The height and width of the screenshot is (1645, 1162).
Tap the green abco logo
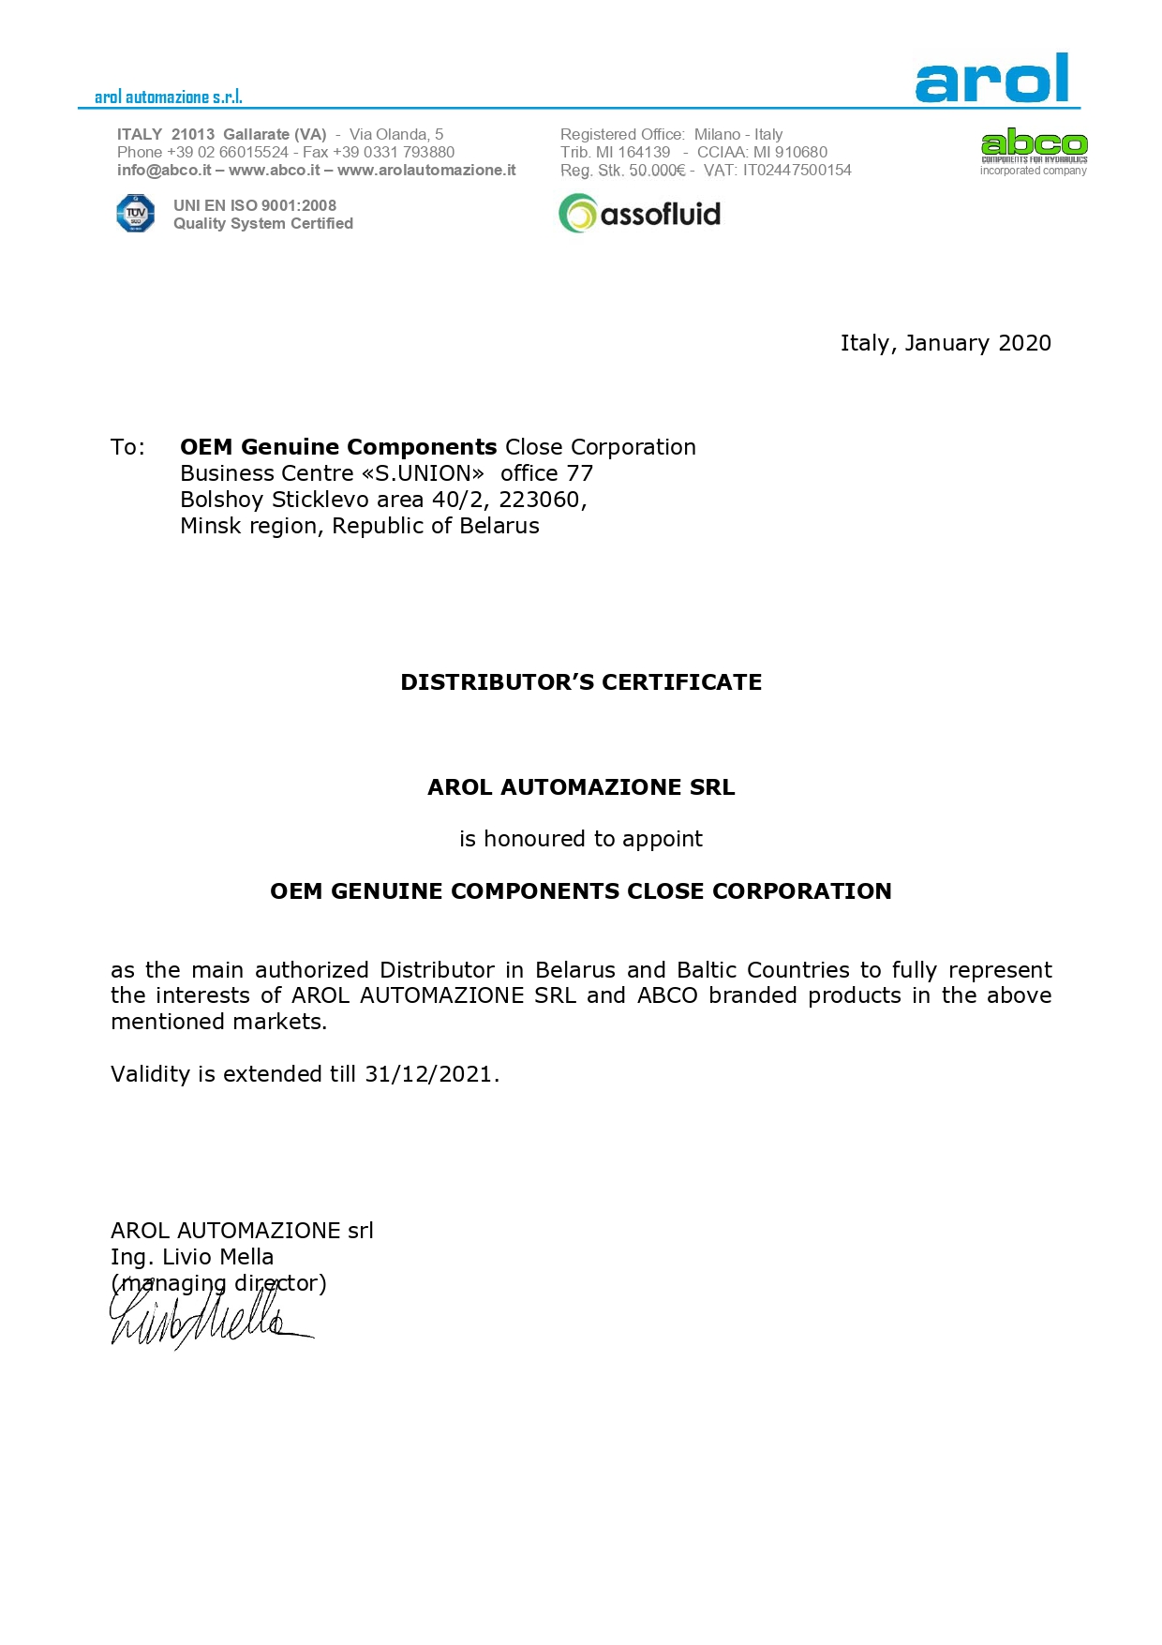(x=1034, y=144)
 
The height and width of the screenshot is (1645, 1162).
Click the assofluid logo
(x=640, y=214)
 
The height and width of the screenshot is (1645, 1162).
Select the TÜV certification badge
(x=135, y=214)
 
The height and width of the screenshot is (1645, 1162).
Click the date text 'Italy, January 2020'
(x=945, y=343)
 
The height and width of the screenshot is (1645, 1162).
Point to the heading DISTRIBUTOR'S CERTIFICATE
(x=581, y=682)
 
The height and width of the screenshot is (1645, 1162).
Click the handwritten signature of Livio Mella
(x=206, y=1317)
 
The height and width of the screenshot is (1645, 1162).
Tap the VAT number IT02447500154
(x=797, y=171)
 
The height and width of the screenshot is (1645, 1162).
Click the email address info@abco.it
(x=164, y=171)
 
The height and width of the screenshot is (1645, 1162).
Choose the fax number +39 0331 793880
(x=394, y=152)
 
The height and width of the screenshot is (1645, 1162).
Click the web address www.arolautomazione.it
(x=426, y=171)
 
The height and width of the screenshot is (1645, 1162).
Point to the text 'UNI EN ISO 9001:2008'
(x=254, y=205)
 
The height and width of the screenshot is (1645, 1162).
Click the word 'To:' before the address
(x=127, y=447)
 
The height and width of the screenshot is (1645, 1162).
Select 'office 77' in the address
(x=546, y=473)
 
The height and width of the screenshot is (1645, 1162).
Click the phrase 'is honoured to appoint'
(x=581, y=839)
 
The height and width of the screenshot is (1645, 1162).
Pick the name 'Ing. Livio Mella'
(x=192, y=1257)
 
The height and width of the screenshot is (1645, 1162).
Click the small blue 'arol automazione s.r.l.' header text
(x=169, y=97)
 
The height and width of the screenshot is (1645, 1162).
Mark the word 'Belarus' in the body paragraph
(x=575, y=970)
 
